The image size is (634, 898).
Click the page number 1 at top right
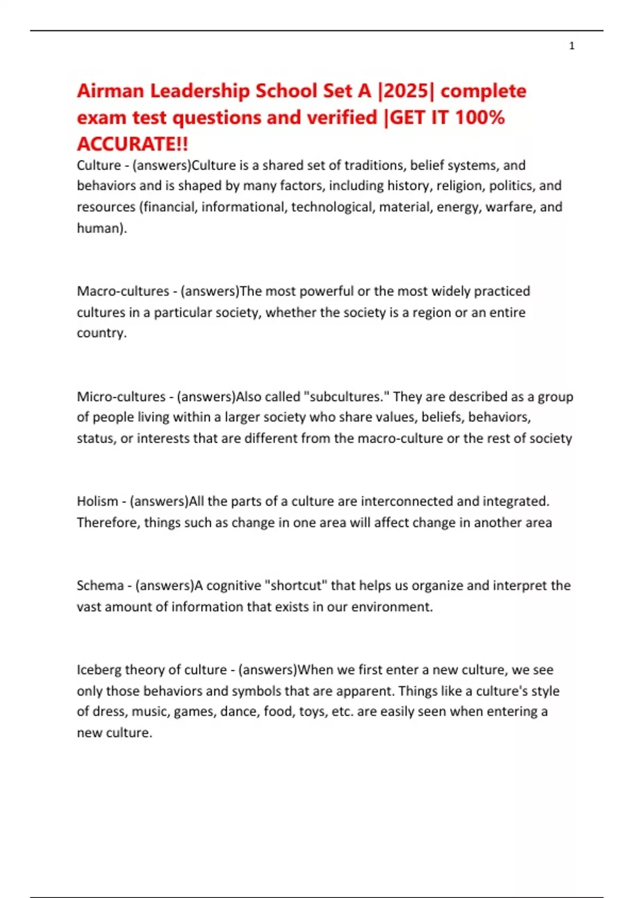pos(572,46)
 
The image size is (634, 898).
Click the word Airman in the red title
pos(110,91)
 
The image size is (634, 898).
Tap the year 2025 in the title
pos(406,91)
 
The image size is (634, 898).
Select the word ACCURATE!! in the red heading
pos(133,144)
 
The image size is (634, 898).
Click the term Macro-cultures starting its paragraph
pos(123,291)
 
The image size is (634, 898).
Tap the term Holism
pos(98,501)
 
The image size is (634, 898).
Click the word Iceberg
pos(99,670)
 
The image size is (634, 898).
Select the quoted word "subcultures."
pos(345,397)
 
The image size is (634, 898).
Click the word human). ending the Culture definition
pos(102,228)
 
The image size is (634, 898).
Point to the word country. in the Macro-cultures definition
pos(102,333)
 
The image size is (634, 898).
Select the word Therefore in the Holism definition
pos(107,522)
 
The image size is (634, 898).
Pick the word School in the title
pos(285,91)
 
